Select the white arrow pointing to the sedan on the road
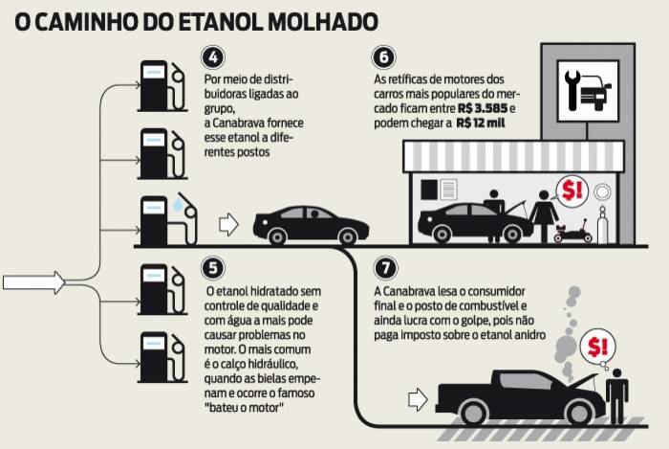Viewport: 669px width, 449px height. (x=228, y=225)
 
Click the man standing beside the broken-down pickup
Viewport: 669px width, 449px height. (x=617, y=393)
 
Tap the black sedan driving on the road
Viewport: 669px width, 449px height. (x=310, y=225)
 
